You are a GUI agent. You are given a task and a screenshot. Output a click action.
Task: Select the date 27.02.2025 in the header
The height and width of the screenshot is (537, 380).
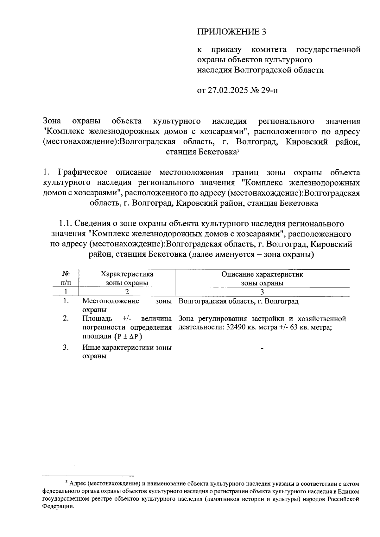point(228,91)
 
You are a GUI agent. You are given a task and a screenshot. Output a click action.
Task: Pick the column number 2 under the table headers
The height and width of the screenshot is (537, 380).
point(127,292)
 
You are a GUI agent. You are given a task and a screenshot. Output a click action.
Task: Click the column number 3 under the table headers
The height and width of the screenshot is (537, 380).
point(262,292)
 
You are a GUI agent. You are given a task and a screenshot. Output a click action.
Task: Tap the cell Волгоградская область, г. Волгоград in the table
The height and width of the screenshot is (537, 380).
point(238,301)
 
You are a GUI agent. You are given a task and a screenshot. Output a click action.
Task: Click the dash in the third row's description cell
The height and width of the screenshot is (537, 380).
point(262,348)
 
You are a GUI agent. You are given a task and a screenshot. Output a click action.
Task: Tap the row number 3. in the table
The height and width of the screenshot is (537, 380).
point(66,347)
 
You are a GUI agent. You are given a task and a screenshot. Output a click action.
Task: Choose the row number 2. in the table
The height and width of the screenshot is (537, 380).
point(66,318)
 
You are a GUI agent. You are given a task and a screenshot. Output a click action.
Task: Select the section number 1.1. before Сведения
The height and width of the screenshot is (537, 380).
point(66,224)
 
